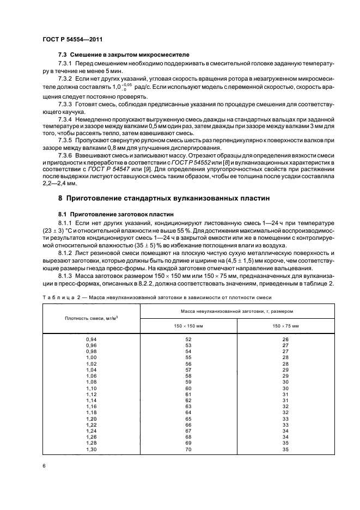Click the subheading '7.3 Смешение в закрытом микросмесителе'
coord(112,56)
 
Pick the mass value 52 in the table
coord(188,339)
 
